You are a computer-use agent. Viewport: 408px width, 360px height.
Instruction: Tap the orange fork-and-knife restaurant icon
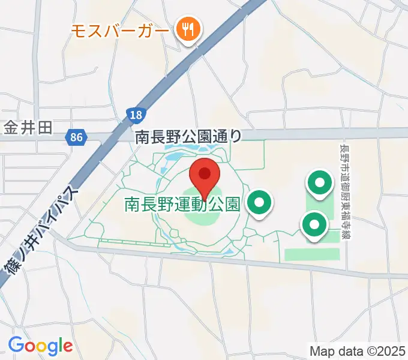coord(188,28)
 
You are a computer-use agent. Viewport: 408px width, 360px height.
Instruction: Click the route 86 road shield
coord(76,138)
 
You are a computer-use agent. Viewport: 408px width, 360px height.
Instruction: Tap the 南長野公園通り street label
coord(188,137)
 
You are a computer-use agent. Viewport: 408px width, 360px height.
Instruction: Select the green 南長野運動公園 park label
coord(182,205)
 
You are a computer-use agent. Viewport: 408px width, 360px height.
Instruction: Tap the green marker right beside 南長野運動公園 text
coord(259,203)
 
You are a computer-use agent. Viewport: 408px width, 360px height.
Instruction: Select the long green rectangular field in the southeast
coord(311,254)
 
